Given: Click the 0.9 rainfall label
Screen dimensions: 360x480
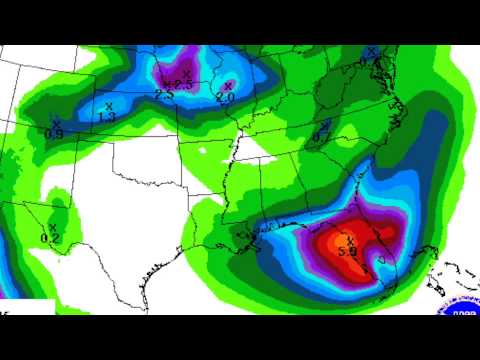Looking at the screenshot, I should point(55,133).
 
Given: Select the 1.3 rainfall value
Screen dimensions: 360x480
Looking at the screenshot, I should point(107,117).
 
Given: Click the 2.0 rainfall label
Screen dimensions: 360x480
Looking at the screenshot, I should point(224,98).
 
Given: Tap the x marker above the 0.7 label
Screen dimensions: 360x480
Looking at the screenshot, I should point(326,125).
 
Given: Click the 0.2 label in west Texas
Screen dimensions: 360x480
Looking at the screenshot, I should point(50,238).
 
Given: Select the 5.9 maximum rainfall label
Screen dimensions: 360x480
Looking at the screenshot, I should point(348,252).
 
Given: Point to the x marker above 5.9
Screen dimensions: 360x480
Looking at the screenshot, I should point(350,240).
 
